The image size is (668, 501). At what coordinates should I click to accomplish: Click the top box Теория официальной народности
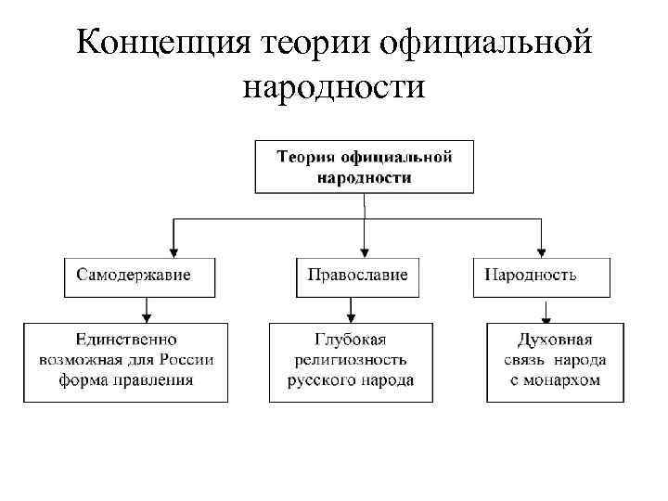364,166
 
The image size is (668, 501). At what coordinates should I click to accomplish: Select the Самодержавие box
140,276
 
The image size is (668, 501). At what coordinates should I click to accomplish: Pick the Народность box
542,276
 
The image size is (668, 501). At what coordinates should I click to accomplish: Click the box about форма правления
125,361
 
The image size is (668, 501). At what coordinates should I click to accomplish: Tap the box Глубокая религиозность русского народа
351,361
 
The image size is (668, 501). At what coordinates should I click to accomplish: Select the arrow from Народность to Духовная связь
546,309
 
